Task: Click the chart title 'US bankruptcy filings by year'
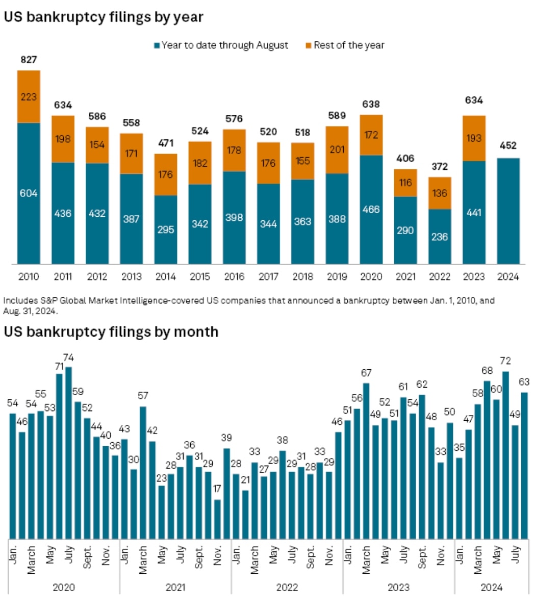104,17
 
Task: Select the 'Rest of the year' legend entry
348,45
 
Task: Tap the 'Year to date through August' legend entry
224,45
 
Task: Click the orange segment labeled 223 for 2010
29,96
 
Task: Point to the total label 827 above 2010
29,60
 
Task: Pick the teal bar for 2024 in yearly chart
508,211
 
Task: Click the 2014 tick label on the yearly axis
166,277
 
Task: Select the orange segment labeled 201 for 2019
337,150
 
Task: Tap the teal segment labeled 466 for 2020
371,209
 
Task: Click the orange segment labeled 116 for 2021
405,183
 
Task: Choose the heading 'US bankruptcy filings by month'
111,332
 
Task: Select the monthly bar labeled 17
218,518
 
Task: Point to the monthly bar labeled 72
505,454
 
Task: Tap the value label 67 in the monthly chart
366,373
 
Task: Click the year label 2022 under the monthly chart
287,588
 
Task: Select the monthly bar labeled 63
524,465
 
